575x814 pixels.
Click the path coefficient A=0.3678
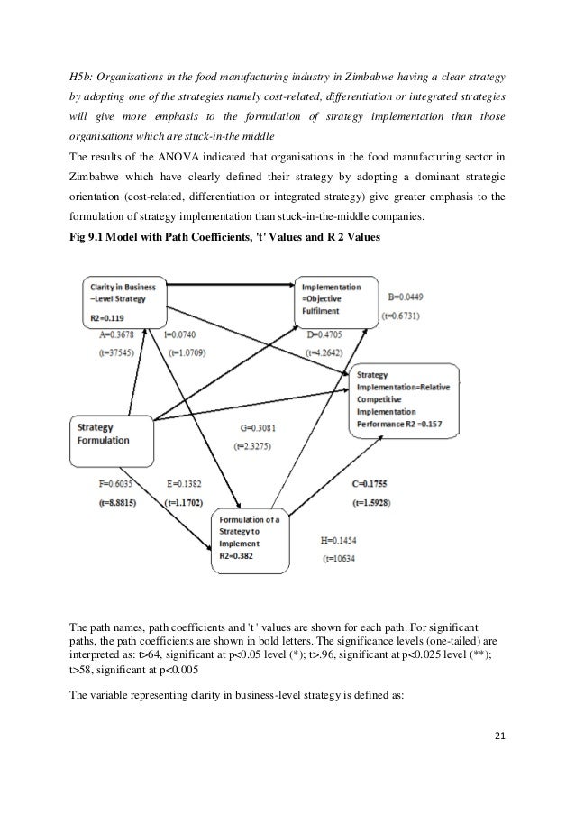119,334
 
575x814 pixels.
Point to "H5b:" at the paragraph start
84,80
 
